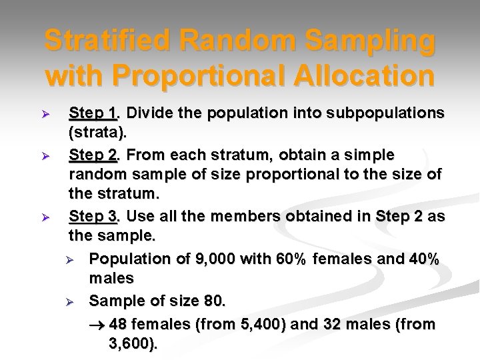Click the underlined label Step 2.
point(94,155)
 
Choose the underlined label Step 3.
point(94,217)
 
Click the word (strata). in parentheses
point(97,133)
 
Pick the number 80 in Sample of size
point(213,301)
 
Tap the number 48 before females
point(117,325)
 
